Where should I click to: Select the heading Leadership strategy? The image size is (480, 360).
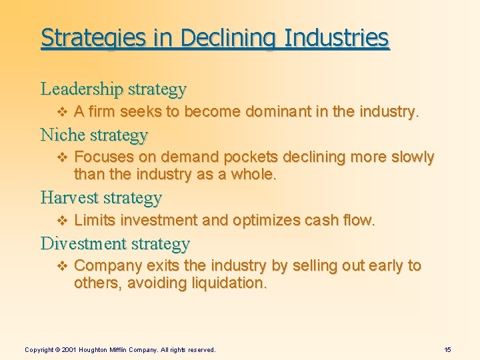coord(113,88)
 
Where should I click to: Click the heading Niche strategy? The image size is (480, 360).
coord(94,135)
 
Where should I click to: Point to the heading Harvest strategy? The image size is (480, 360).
coord(101,197)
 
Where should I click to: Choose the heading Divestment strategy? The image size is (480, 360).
coord(115,243)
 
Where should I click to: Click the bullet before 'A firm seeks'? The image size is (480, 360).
coord(64,111)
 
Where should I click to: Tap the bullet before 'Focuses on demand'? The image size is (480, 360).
coord(64,158)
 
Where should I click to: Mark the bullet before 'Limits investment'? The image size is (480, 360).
coord(64,221)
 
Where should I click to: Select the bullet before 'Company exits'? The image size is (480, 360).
coord(64,266)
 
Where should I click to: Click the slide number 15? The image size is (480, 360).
coord(447,349)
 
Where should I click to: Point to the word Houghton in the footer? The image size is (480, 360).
coord(97,349)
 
